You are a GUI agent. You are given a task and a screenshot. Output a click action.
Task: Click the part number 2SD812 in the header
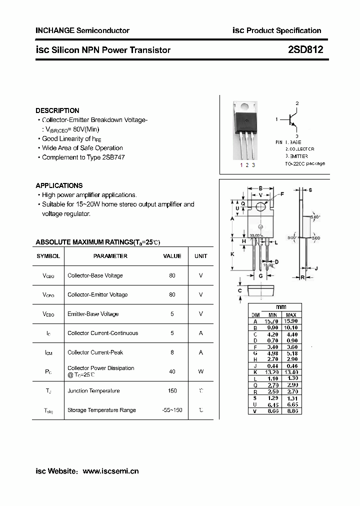coord(305,50)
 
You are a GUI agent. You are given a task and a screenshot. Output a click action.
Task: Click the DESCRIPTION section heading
coord(57,110)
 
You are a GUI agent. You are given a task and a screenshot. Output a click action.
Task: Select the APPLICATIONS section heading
coord(59,185)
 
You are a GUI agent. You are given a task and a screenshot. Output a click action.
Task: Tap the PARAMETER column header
coord(110,256)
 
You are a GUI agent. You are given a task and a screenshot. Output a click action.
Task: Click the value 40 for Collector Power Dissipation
coord(172,371)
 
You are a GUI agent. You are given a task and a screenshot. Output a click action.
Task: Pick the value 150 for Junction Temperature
coord(172,391)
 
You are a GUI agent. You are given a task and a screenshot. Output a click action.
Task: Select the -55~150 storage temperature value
coord(172,410)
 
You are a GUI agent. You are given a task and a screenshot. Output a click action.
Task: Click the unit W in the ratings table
coord(201,371)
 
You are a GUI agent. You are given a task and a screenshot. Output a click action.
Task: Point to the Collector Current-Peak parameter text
coord(95,352)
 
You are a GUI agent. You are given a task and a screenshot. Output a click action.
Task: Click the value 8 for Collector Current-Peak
coord(172,352)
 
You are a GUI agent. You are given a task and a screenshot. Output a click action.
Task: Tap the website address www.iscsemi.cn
coord(110,471)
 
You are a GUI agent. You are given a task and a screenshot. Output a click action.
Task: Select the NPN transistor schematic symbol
coord(293,120)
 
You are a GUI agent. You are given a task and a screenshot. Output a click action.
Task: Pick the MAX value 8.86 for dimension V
coord(291,411)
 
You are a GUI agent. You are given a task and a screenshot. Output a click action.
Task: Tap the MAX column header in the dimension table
coord(291,314)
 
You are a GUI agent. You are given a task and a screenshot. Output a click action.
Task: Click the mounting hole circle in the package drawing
coord(260,206)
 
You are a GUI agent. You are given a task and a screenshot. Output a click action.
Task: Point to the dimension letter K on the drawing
coord(232,254)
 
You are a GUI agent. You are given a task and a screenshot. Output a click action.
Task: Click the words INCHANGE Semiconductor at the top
coord(82,30)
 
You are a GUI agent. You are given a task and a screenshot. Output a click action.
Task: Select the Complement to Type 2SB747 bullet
coord(83,157)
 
